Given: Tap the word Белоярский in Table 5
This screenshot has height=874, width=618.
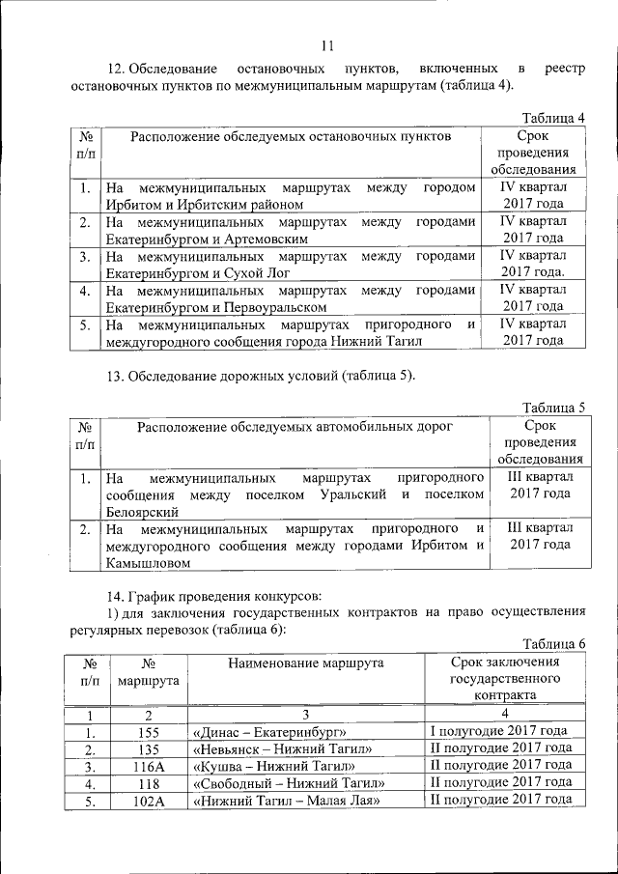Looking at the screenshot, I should tap(141, 512).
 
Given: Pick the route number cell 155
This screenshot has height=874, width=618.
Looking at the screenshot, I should tap(148, 731).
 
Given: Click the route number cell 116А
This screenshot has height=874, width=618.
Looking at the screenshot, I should tap(148, 766).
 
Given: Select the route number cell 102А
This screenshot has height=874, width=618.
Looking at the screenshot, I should tap(148, 801).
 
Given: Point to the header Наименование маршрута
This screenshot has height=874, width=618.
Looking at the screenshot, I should tap(305, 663).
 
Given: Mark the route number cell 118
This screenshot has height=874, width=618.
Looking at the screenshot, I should tap(148, 783).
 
